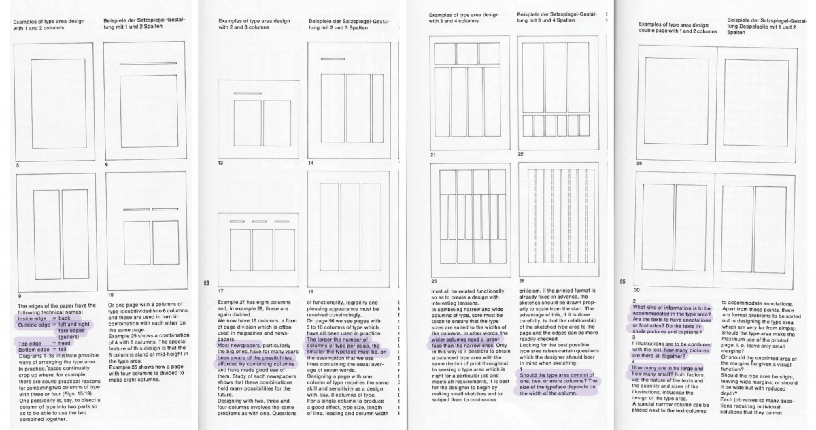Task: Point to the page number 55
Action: click(x=622, y=280)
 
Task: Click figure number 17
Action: click(x=220, y=291)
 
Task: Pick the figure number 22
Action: click(x=521, y=154)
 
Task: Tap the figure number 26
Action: click(x=522, y=280)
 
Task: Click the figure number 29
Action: click(x=638, y=164)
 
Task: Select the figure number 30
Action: click(x=638, y=289)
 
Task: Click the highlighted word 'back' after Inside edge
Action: click(x=65, y=318)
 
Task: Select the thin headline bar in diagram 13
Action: click(x=247, y=93)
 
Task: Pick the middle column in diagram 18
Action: click(x=350, y=223)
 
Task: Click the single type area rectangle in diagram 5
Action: click(x=55, y=102)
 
